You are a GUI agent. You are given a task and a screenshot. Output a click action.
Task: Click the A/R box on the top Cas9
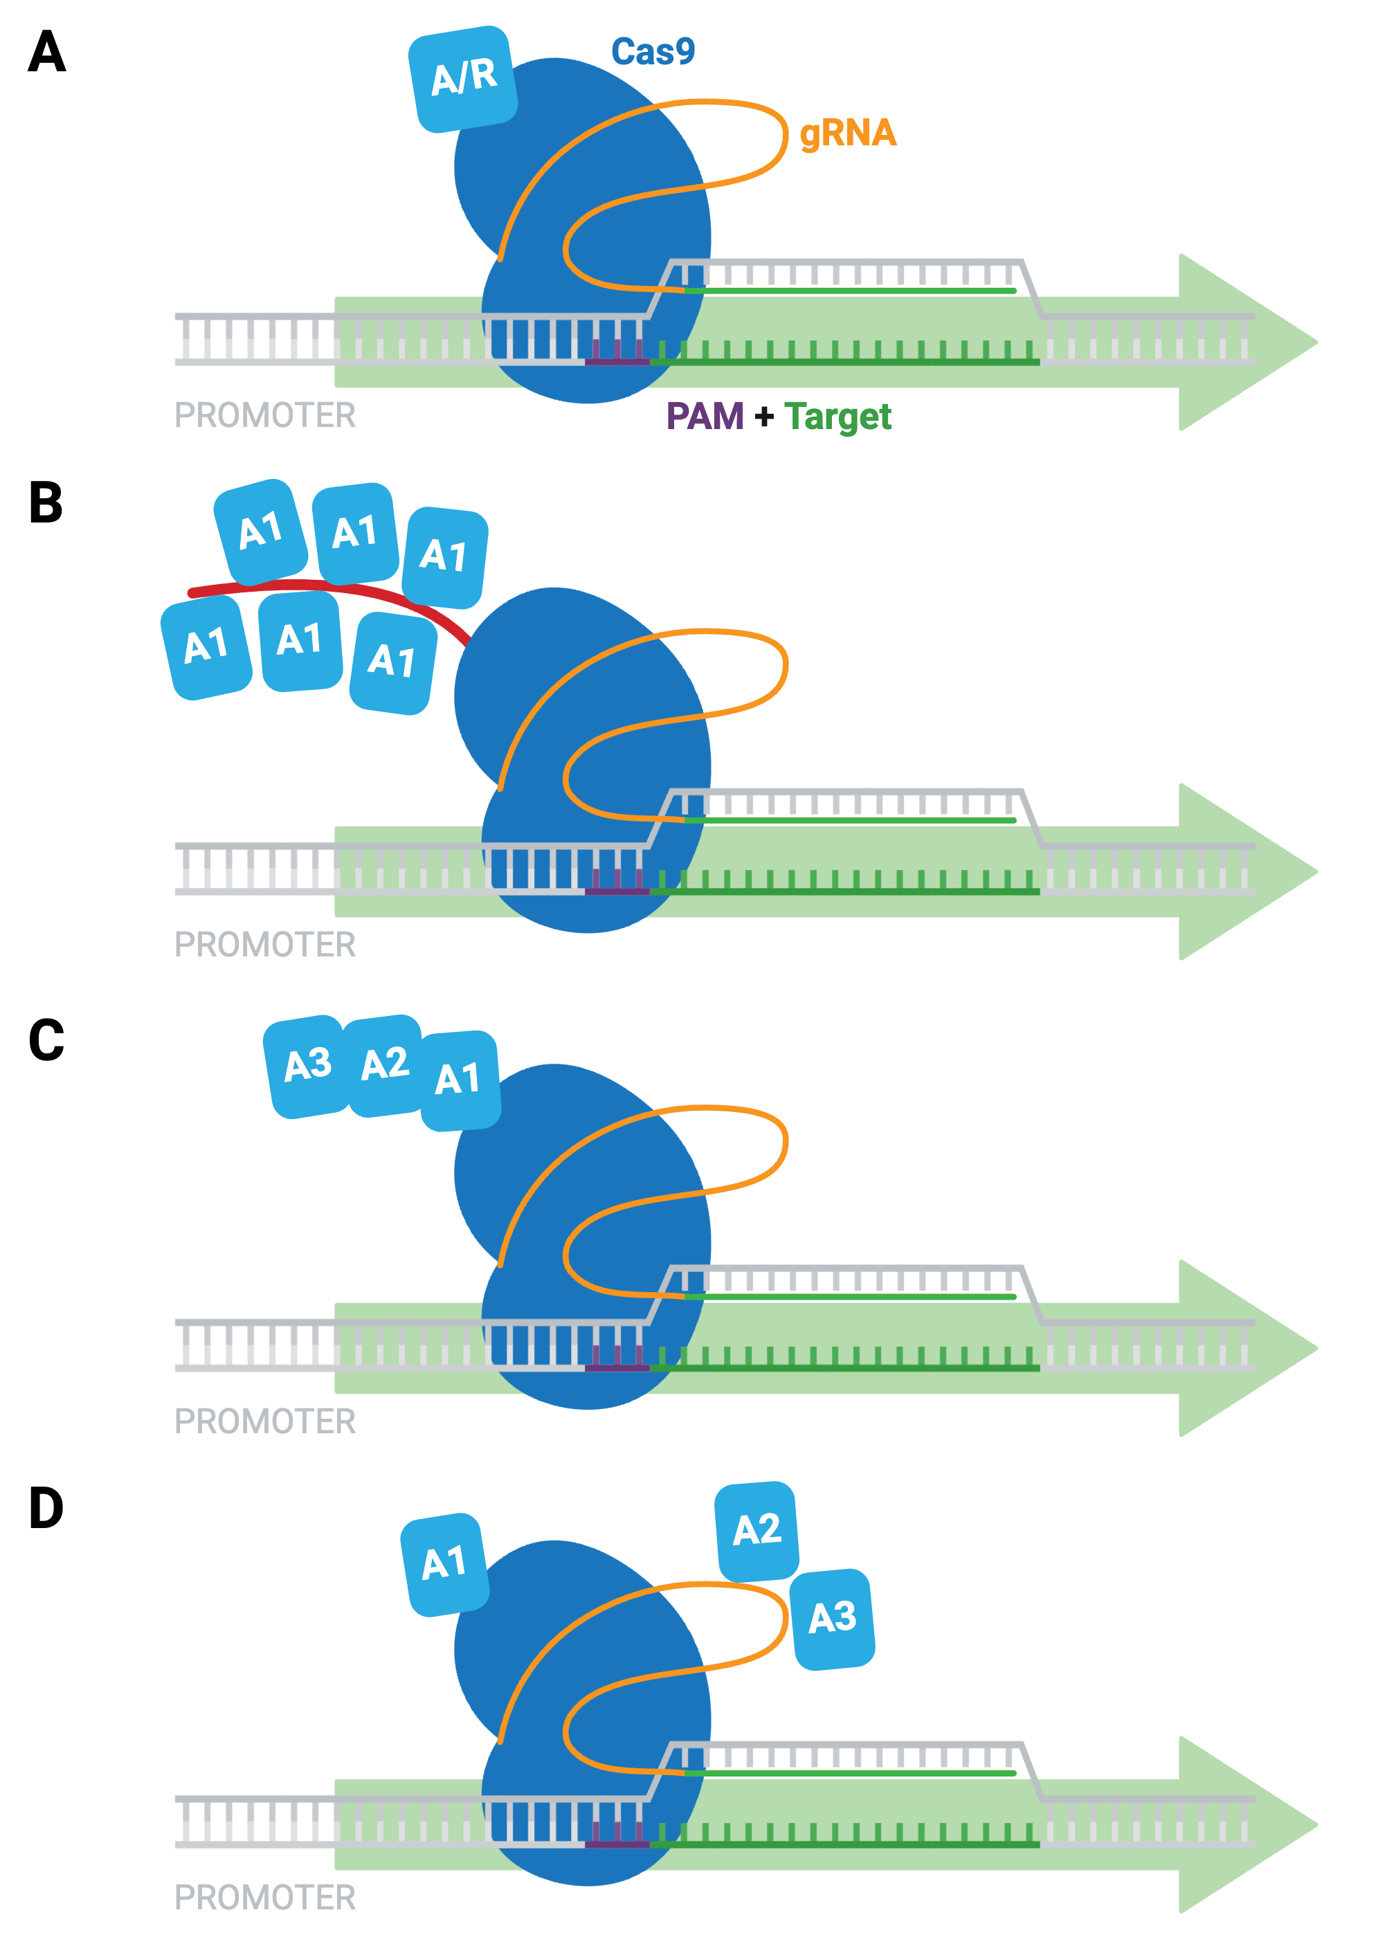tap(463, 78)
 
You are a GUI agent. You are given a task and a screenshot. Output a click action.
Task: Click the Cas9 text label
tap(653, 52)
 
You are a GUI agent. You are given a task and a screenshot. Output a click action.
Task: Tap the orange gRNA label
tap(848, 133)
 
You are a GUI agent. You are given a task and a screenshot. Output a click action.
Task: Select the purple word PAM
tap(705, 416)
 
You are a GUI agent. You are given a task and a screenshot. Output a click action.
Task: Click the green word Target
tap(838, 416)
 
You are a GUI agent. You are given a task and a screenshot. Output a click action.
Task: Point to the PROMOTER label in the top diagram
tap(264, 415)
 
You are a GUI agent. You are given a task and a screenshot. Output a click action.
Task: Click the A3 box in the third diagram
tap(307, 1065)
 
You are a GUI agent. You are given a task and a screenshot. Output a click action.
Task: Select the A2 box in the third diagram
tap(385, 1064)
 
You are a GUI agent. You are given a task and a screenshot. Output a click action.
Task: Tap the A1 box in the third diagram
tap(459, 1080)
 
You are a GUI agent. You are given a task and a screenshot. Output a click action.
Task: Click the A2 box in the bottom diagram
tap(757, 1530)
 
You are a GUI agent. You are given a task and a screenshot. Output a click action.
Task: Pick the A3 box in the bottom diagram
tap(832, 1618)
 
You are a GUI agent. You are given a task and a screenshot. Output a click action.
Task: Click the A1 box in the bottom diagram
tap(444, 1563)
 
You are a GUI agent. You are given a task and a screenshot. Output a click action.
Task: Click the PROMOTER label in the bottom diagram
tap(264, 1897)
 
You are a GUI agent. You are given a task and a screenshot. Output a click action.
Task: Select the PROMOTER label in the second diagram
tap(264, 944)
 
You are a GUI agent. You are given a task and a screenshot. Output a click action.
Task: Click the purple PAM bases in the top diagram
tap(617, 353)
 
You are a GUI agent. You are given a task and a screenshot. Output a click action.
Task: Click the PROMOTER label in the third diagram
tap(264, 1421)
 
